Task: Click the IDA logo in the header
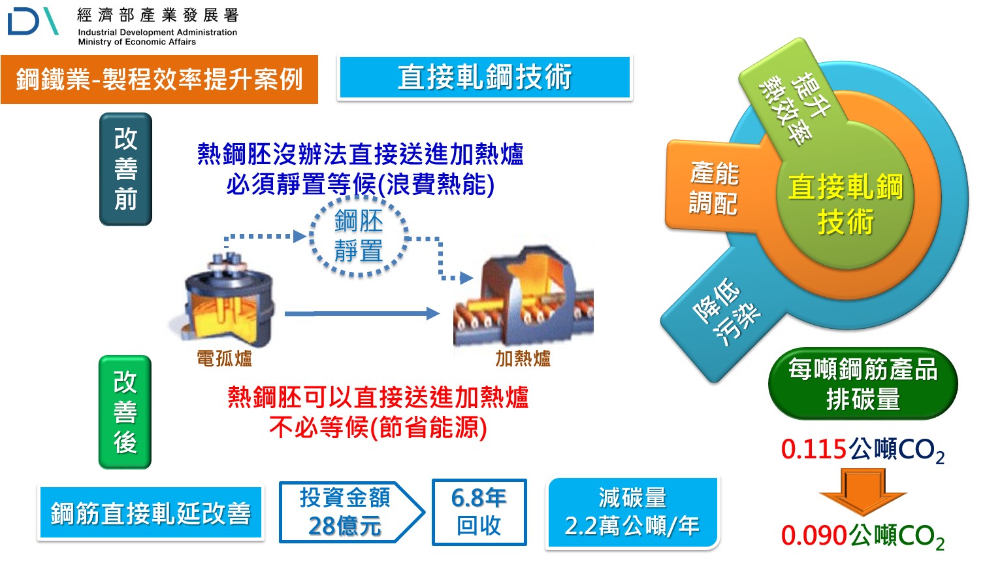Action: [x=33, y=22]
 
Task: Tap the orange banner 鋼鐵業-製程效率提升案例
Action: [x=159, y=80]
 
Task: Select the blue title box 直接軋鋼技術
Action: [x=485, y=78]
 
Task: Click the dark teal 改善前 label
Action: [x=125, y=169]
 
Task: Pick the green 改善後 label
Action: [x=125, y=412]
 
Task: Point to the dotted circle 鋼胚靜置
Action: [x=359, y=236]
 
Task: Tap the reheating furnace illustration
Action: [x=523, y=297]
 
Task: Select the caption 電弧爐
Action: [x=224, y=358]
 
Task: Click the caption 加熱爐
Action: [x=523, y=358]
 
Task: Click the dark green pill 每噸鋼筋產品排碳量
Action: [x=862, y=384]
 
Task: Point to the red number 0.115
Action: [x=814, y=449]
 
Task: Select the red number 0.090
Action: [x=814, y=535]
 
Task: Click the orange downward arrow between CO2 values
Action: [x=862, y=492]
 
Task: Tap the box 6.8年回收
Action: [x=479, y=512]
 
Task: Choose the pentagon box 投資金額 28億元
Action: [x=346, y=512]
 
